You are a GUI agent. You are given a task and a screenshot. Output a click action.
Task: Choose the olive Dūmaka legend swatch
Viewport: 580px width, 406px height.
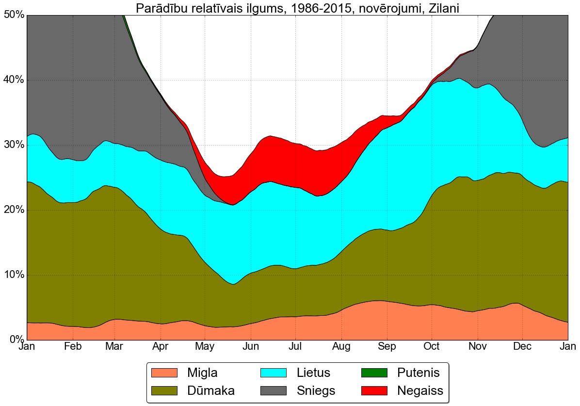click(x=165, y=390)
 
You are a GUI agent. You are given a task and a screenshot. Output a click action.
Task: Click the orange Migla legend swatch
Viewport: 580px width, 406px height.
click(x=165, y=373)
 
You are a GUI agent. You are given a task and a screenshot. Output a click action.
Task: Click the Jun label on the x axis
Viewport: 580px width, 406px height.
click(x=250, y=347)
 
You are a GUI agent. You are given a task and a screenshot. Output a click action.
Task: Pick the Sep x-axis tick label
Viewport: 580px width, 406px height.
click(x=387, y=347)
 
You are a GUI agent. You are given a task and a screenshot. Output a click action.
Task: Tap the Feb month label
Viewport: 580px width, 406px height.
click(x=72, y=347)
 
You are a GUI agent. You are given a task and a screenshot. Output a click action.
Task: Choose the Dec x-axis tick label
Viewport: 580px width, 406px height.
click(x=522, y=347)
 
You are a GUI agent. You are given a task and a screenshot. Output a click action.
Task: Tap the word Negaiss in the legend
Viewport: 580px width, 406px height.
click(x=420, y=390)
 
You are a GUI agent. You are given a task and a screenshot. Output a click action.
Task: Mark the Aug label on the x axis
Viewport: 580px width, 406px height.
click(x=342, y=347)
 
